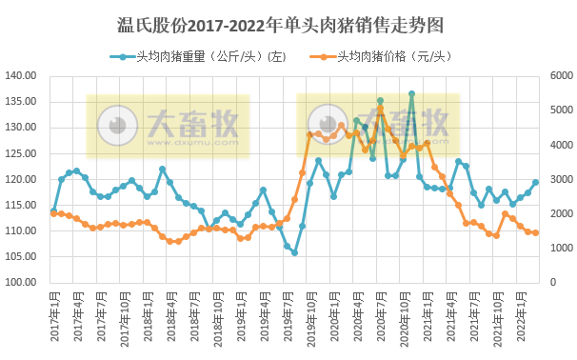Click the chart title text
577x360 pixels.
tap(288, 21)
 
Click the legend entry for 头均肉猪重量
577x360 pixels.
tap(205, 56)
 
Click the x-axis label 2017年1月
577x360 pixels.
tap(53, 320)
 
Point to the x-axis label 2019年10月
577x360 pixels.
tap(309, 322)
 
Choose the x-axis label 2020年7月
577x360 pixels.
tap(380, 320)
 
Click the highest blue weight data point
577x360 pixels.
tap(411, 94)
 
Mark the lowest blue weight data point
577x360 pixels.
tap(294, 252)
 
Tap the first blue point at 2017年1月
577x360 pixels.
tap(53, 210)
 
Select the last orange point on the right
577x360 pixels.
tap(535, 232)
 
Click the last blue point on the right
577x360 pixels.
tap(535, 183)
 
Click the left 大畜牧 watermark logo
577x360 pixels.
tap(168, 126)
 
